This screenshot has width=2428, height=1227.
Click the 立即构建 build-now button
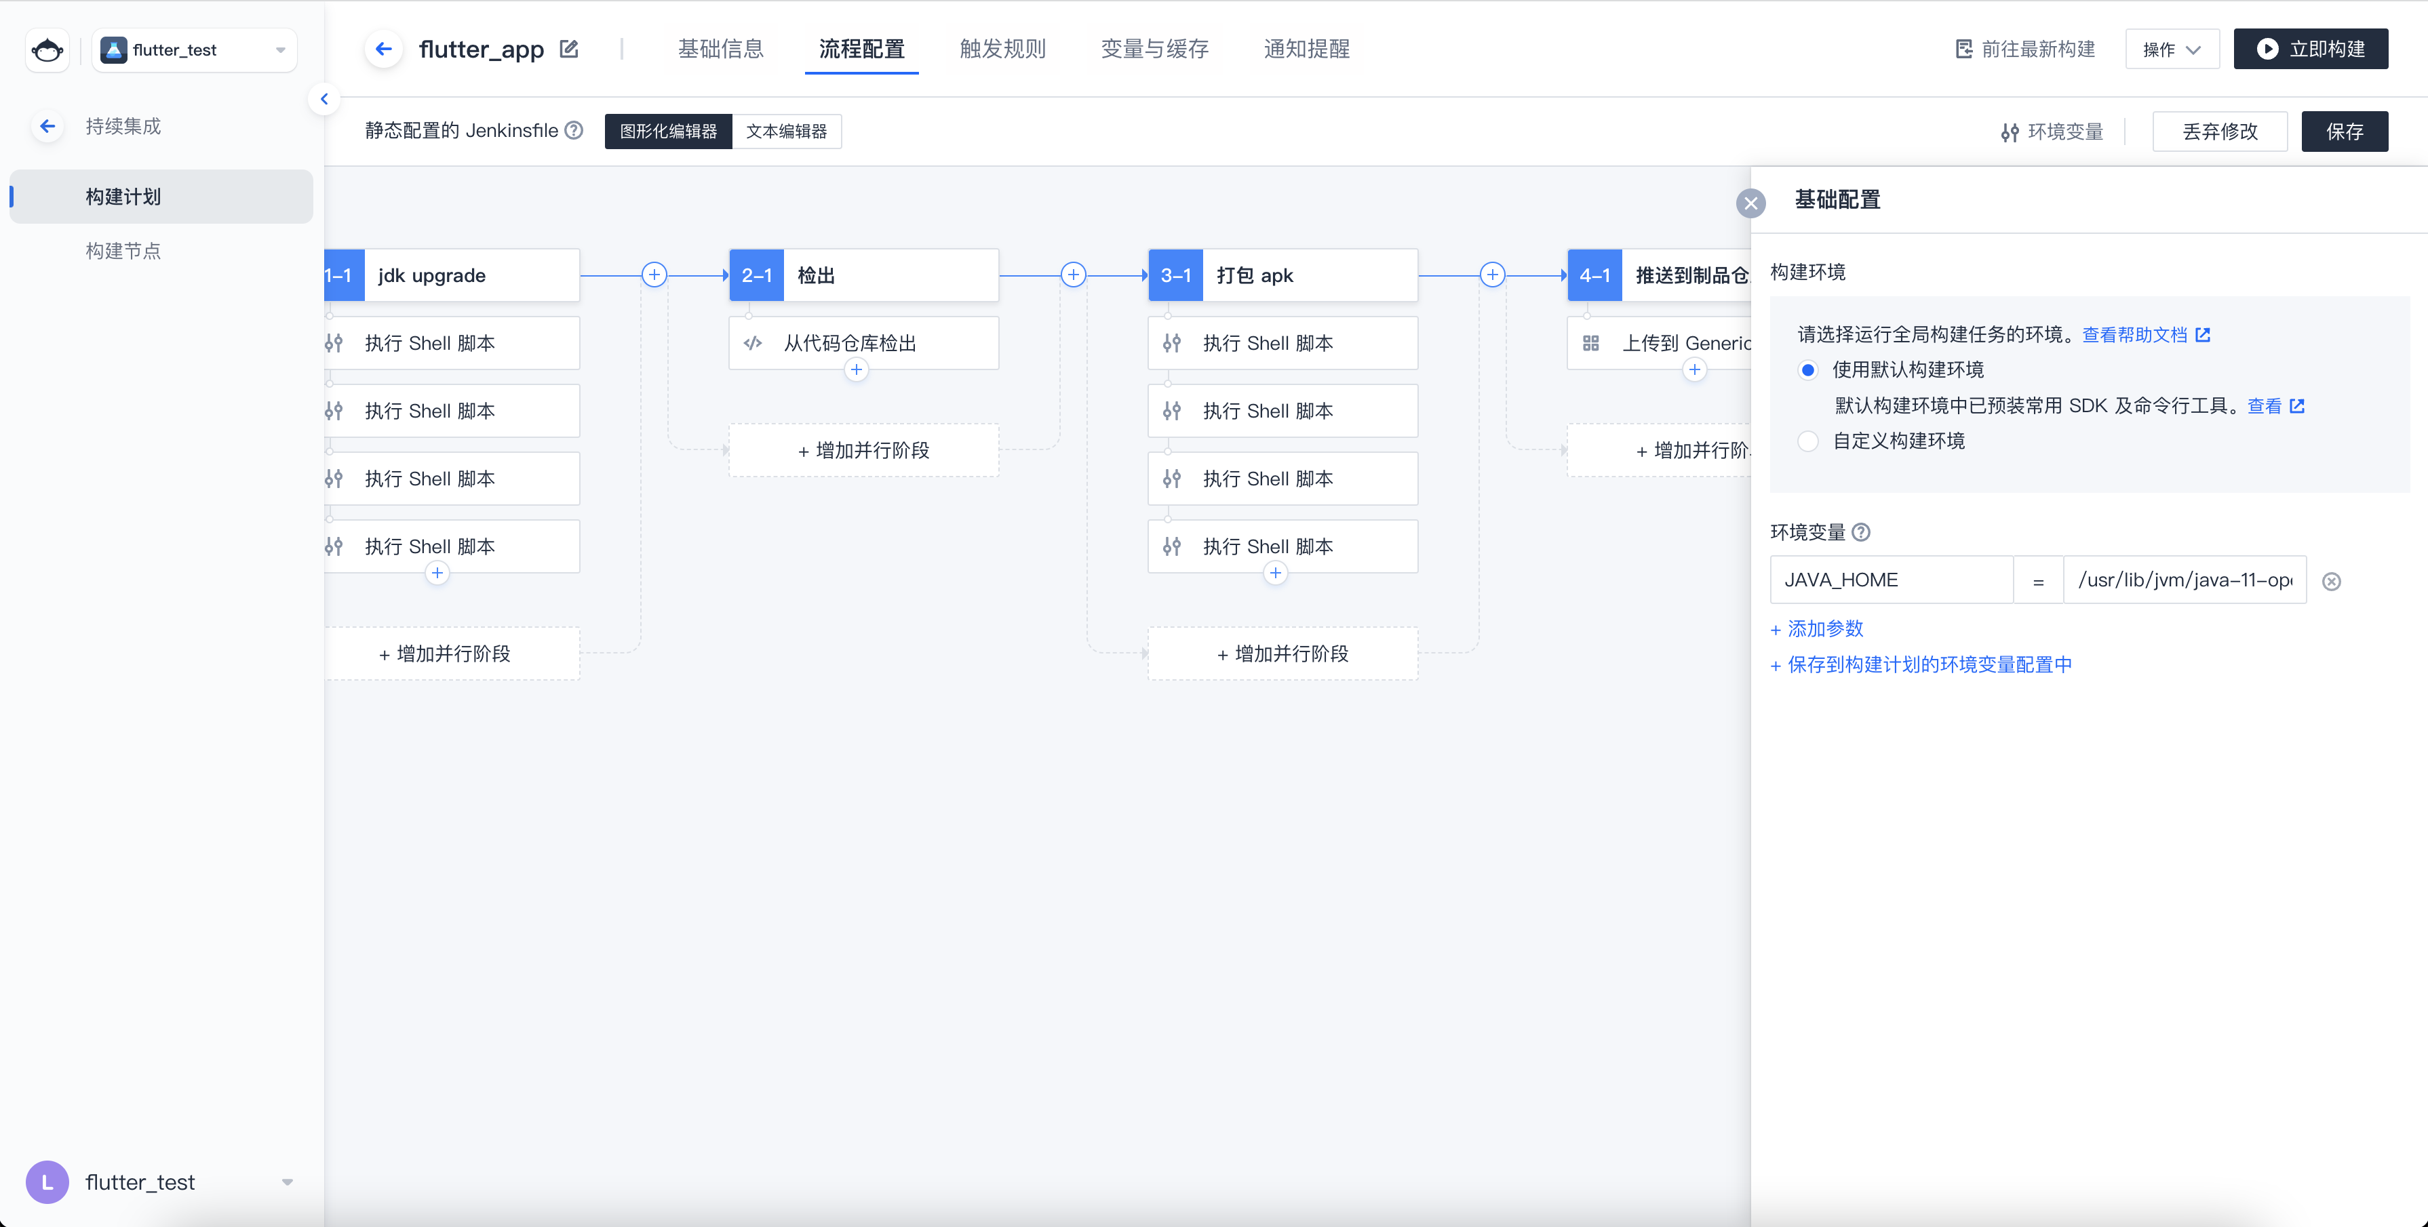[x=2310, y=49]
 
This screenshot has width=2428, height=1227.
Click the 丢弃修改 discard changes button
[x=2220, y=131]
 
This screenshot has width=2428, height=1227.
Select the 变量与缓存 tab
[x=1154, y=49]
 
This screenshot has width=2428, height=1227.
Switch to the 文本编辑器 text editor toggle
[x=786, y=131]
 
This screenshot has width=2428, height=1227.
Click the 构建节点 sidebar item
[x=123, y=251]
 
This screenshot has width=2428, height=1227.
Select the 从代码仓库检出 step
[x=863, y=343]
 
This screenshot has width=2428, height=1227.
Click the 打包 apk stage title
[x=1255, y=275]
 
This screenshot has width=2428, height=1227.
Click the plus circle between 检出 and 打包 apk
[x=1074, y=275]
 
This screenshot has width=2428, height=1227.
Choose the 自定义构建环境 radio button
[x=1808, y=441]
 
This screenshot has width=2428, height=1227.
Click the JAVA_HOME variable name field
[x=1892, y=580]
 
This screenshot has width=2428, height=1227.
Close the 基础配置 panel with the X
[x=1751, y=203]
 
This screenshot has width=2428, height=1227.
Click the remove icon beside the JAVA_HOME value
[x=2332, y=582]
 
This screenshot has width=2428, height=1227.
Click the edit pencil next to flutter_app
[x=568, y=49]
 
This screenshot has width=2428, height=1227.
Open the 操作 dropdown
[x=2172, y=49]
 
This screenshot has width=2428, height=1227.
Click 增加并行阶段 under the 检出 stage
[x=863, y=451]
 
